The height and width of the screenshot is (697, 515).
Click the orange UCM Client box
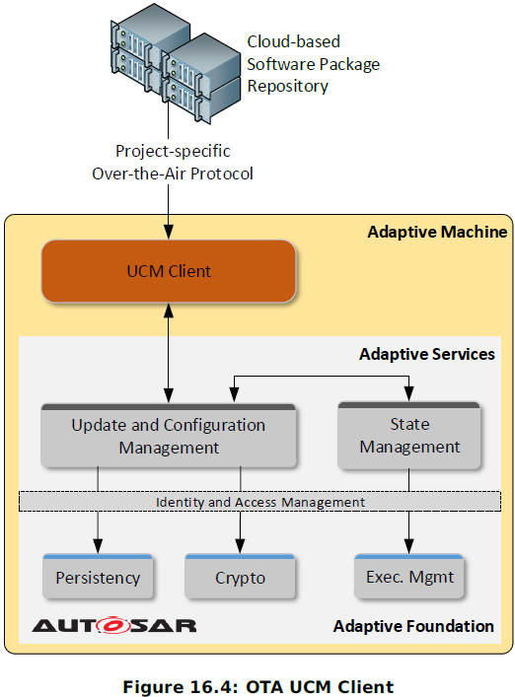169,271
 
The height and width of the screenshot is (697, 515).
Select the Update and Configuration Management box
169,436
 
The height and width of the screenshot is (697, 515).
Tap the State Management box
409,436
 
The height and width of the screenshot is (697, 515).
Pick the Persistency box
98,577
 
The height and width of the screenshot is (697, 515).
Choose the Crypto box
240,577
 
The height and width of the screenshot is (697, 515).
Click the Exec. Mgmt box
409,576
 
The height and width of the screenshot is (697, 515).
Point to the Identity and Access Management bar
259,502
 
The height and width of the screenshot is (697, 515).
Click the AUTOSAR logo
113,625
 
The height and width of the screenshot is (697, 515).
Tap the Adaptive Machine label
437,232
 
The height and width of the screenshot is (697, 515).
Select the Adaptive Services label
427,354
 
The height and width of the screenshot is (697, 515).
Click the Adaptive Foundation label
413,626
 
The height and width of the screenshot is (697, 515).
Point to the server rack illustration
176,63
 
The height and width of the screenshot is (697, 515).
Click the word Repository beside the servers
288,87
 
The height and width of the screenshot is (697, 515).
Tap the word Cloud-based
294,41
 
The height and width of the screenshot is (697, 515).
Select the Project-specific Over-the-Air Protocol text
173,163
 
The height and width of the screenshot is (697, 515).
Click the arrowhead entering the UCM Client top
169,233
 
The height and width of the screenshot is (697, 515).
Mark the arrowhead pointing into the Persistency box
98,546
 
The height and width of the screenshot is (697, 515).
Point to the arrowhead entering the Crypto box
240,546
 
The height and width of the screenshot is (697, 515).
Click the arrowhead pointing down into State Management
409,393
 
